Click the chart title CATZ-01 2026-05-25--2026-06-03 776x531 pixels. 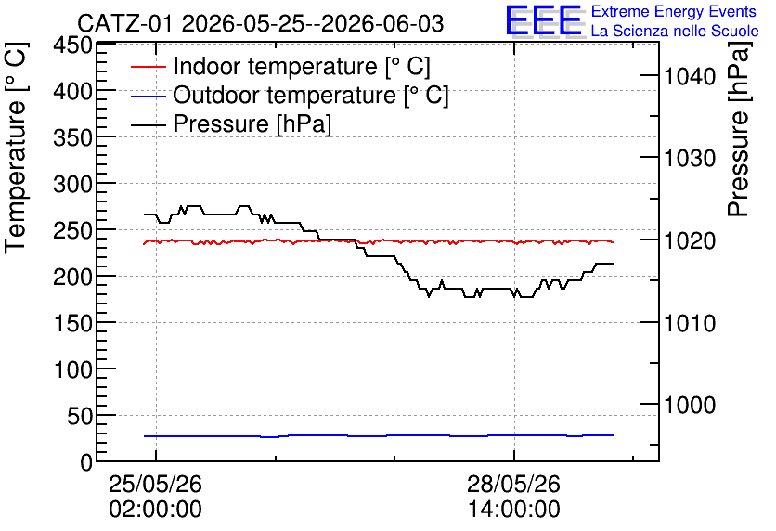point(260,24)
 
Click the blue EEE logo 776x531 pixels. point(543,20)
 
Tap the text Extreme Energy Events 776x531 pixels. point(674,11)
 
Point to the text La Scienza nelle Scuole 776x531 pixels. point(675,31)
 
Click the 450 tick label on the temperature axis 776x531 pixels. point(73,45)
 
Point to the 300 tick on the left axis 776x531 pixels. point(73,184)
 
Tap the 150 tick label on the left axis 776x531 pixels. point(73,323)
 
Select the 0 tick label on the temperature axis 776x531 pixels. point(86,462)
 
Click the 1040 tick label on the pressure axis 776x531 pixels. point(690,76)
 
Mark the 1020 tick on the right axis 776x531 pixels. point(690,241)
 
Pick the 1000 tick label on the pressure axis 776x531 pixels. point(690,405)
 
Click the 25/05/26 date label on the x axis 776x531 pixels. point(155,484)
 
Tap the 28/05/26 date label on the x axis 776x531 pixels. point(513,484)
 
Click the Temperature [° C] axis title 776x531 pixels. point(16,148)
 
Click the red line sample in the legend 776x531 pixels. point(148,66)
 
